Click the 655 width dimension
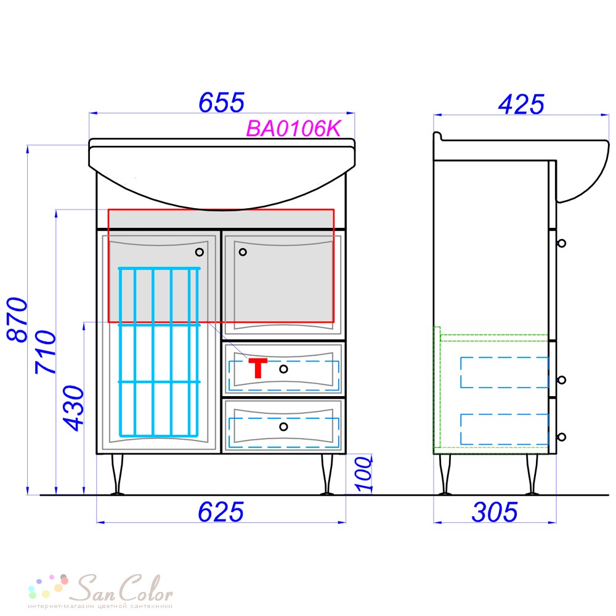(222, 102)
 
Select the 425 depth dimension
(521, 105)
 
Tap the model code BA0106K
(293, 129)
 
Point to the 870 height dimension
(17, 319)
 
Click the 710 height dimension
(46, 352)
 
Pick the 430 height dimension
(74, 408)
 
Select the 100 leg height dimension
(364, 474)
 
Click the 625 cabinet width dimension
(221, 513)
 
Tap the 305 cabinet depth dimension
(495, 513)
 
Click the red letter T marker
(257, 368)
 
